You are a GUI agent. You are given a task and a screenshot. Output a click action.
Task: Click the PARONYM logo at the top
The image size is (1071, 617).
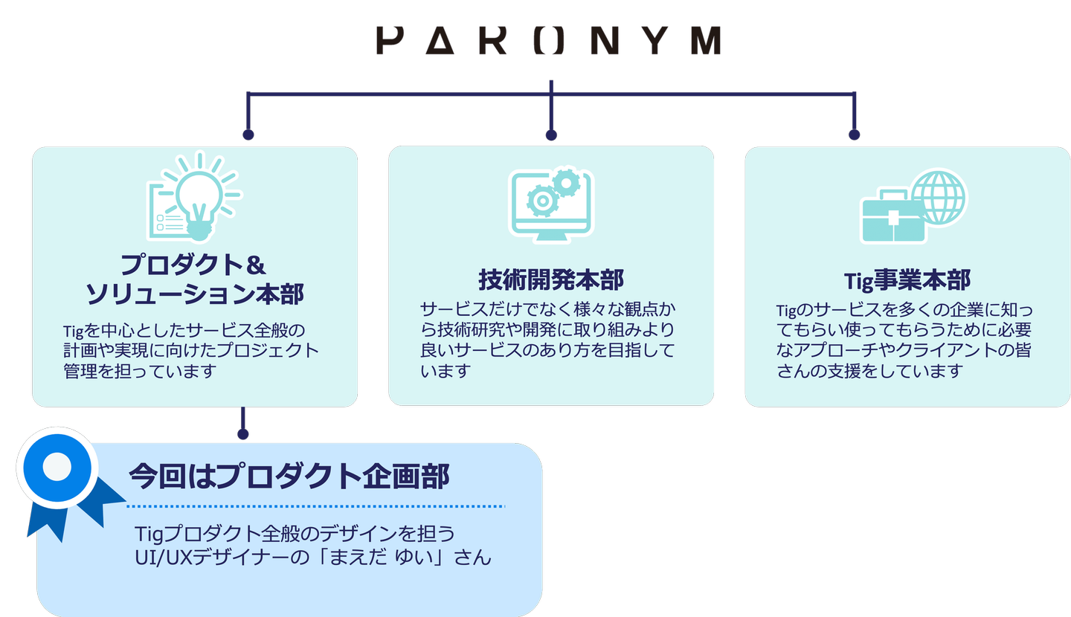[x=549, y=40]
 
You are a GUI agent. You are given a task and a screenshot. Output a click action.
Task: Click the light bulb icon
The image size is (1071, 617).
[x=199, y=197]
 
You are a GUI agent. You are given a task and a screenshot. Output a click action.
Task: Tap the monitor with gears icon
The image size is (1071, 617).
[x=551, y=205]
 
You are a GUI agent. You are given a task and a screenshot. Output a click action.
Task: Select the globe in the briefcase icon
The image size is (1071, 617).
[x=939, y=198]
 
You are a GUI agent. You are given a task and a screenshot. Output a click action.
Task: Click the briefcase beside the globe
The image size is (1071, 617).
[x=892, y=218]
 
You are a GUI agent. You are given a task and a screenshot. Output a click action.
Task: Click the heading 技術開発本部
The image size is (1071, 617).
[x=551, y=280]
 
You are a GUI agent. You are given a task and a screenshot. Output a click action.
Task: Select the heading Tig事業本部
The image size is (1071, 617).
[x=907, y=280]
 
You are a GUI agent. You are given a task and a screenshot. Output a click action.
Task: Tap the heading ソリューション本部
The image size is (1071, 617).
[x=195, y=294]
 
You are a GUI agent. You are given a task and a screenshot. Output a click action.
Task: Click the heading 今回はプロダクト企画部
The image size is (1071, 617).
[x=289, y=476]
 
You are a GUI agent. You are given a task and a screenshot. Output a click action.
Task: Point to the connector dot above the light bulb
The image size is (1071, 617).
[x=248, y=135]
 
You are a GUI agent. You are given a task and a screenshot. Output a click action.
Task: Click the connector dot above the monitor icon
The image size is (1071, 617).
[x=551, y=135]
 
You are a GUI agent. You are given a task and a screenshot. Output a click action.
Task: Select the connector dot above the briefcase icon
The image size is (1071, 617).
[x=855, y=135]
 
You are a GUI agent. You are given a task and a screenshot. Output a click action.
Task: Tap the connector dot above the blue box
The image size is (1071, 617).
[x=243, y=434]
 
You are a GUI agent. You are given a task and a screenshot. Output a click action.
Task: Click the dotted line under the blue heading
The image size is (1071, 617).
[x=316, y=506]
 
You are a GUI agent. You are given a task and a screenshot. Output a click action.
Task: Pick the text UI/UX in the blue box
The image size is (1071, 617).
[x=164, y=558]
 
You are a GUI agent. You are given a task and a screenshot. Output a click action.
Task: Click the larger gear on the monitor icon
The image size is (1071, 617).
[x=542, y=201]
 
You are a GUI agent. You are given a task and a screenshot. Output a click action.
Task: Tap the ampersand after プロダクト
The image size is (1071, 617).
[x=256, y=265]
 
